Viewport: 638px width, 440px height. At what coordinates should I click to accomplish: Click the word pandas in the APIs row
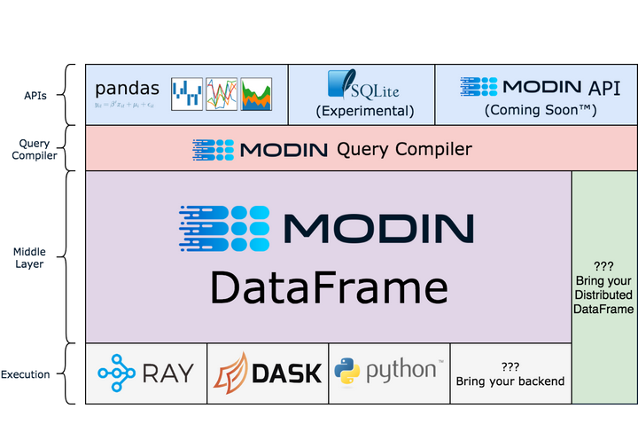click(x=128, y=88)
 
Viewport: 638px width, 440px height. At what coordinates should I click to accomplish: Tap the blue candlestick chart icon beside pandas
click(x=187, y=93)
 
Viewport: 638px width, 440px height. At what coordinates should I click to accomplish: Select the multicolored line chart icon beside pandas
click(x=222, y=93)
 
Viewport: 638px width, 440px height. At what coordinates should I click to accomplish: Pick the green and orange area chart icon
click(x=256, y=93)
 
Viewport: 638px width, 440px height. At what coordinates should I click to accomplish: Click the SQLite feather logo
click(x=341, y=85)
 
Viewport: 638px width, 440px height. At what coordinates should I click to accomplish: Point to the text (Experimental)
click(x=364, y=112)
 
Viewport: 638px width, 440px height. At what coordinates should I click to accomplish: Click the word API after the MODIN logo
click(x=604, y=87)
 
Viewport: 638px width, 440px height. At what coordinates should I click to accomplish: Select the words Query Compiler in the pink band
click(x=404, y=149)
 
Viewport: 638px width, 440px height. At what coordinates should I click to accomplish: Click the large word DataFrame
click(x=329, y=288)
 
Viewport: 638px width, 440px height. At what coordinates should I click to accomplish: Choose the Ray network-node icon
click(x=117, y=373)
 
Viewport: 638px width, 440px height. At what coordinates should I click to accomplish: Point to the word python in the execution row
click(x=400, y=371)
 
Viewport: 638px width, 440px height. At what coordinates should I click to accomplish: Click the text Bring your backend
click(x=510, y=381)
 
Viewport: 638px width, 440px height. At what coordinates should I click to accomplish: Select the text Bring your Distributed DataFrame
click(x=604, y=295)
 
